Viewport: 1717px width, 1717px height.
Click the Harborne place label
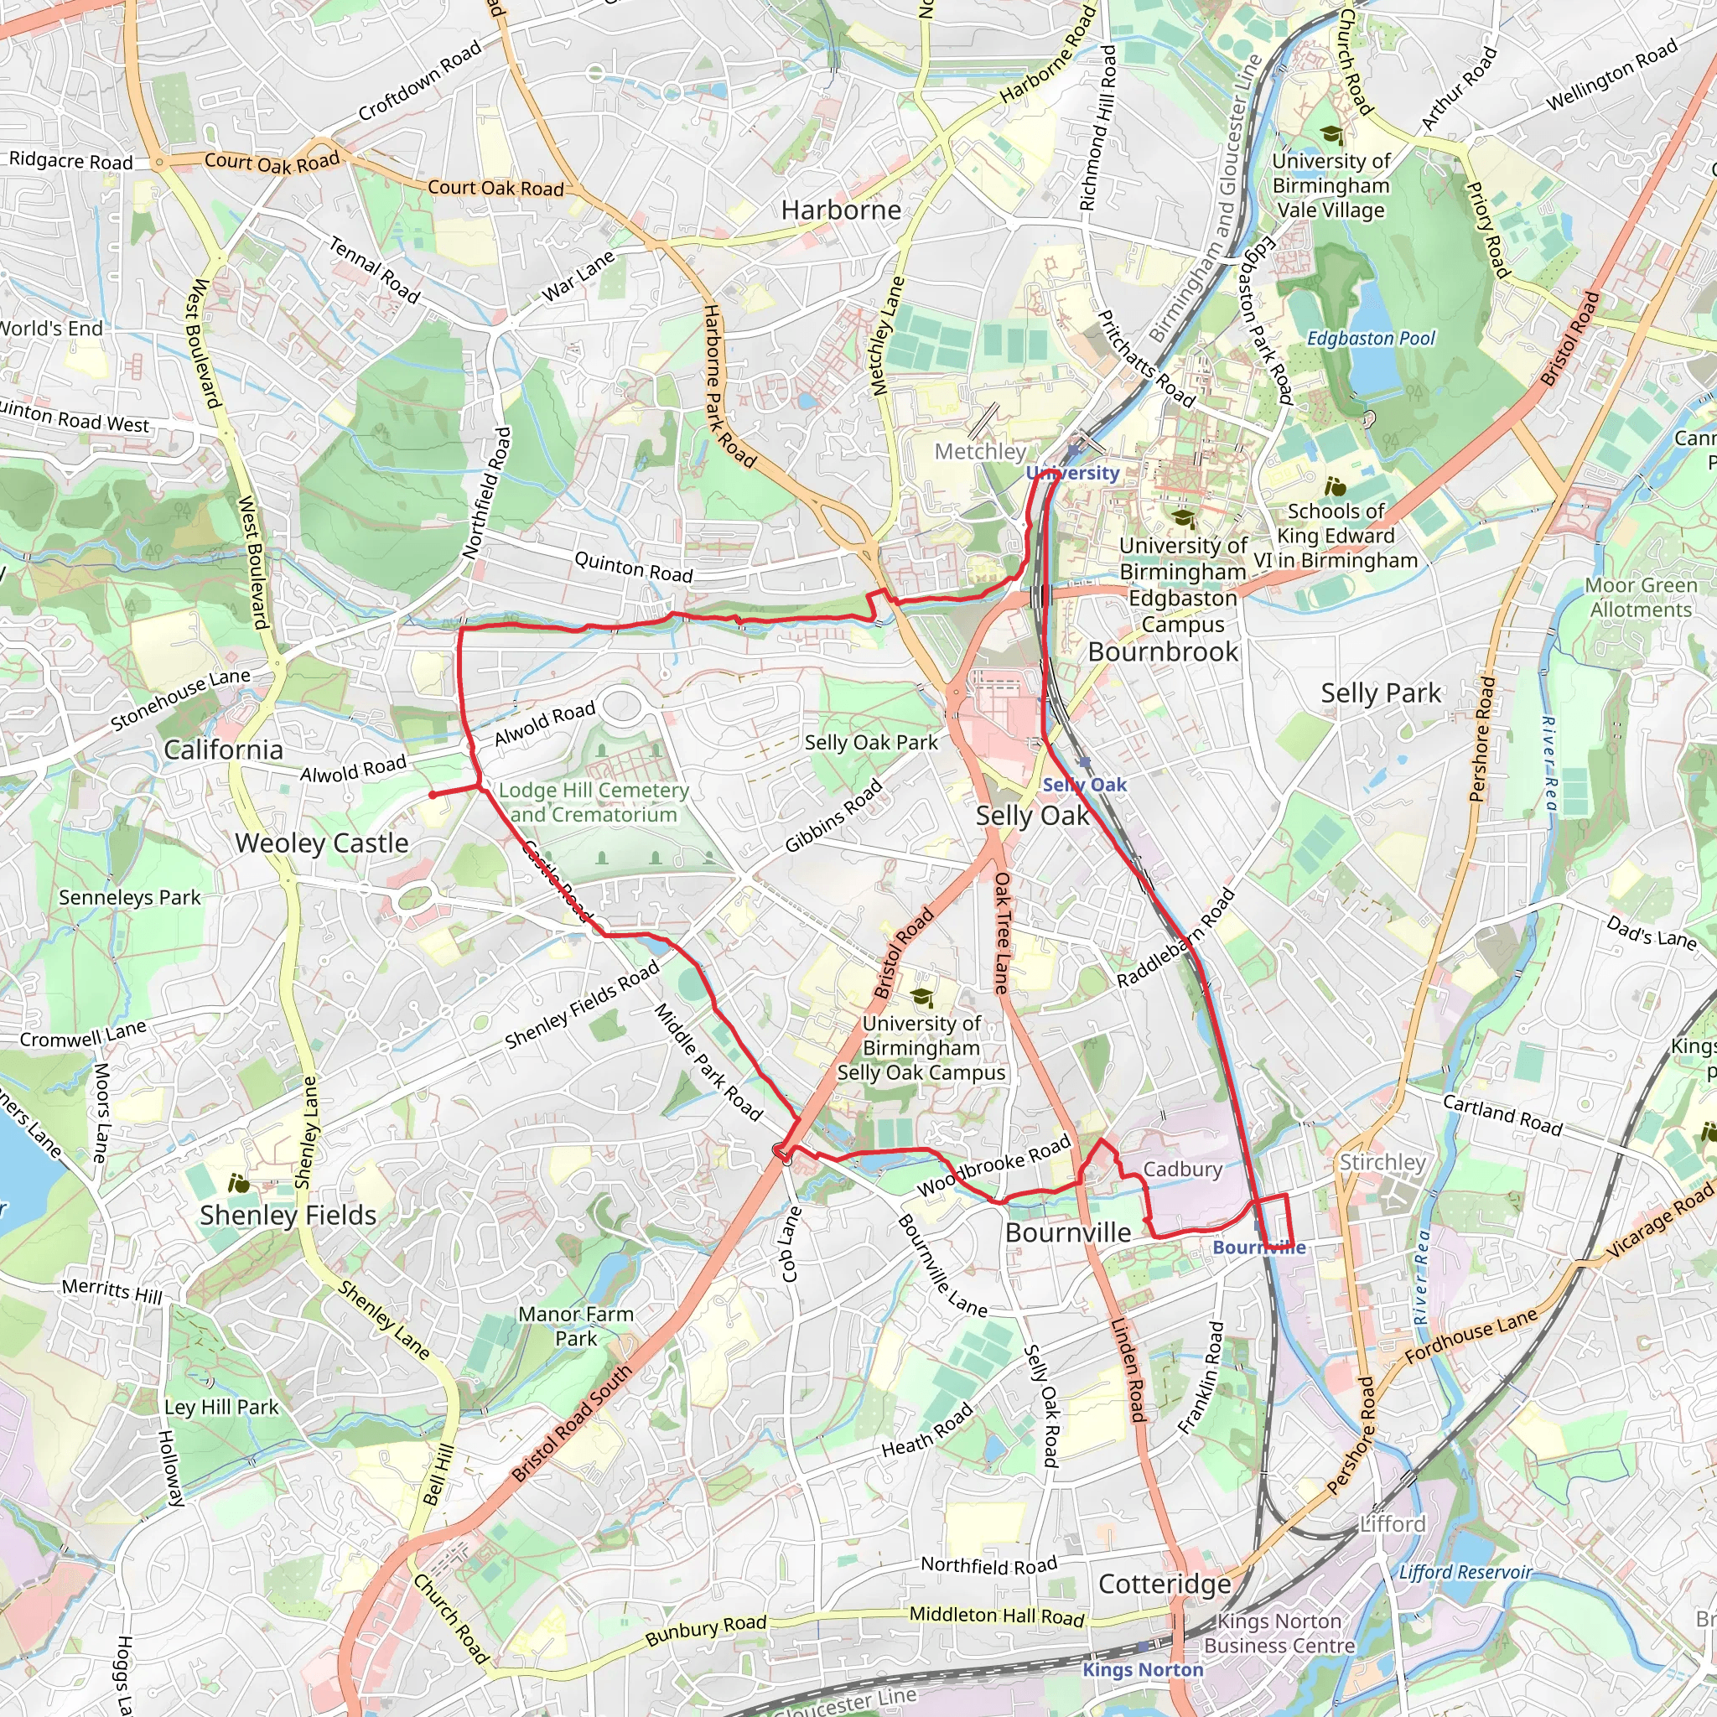tap(841, 210)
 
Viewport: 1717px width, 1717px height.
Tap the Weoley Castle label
tap(322, 843)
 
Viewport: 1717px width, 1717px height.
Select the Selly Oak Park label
tap(871, 742)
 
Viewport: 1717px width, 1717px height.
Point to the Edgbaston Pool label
tap(1371, 339)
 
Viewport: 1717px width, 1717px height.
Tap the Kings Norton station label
tap(1142, 1670)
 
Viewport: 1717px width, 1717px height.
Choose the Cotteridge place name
tap(1165, 1584)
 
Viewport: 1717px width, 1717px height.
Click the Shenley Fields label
tap(288, 1215)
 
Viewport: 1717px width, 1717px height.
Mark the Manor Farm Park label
tap(576, 1326)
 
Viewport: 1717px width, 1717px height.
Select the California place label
tap(223, 750)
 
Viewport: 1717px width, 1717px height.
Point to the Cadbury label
tap(1182, 1169)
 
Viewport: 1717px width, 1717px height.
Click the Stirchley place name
tap(1382, 1163)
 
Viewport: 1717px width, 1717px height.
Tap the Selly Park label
tap(1380, 693)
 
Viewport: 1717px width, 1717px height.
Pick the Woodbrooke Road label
tap(993, 1165)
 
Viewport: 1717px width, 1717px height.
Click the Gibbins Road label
tap(833, 815)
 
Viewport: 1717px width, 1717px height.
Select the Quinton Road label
tap(633, 567)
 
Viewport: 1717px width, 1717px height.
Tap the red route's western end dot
tap(433, 795)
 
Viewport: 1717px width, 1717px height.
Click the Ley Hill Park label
tap(221, 1407)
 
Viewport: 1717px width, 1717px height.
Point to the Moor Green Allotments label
tap(1641, 597)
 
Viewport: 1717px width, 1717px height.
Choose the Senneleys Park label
tap(130, 898)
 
